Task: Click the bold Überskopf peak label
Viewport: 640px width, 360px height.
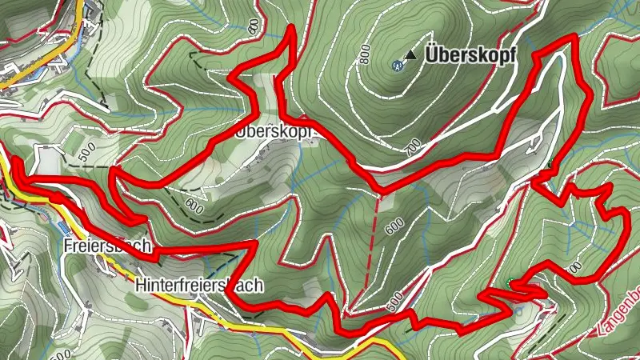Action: tap(470, 56)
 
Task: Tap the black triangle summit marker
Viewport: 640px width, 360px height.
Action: tap(410, 55)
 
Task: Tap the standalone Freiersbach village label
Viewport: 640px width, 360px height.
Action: tap(106, 247)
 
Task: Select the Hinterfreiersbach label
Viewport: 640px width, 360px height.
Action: tap(199, 286)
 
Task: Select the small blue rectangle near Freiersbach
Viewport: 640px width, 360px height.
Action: tap(64, 227)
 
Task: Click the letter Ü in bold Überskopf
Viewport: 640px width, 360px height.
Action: tap(434, 56)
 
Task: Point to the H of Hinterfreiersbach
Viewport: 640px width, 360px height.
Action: tap(141, 286)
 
